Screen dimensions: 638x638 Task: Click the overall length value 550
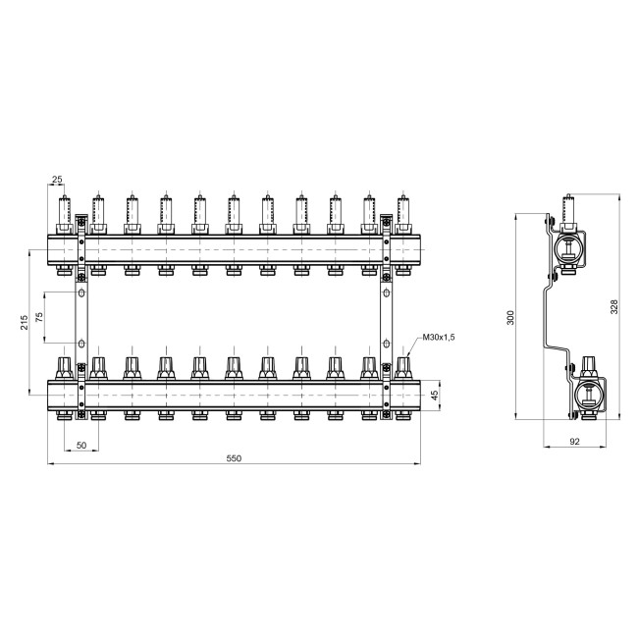click(233, 458)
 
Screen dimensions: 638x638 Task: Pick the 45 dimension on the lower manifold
click(435, 395)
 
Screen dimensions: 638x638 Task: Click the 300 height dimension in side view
click(508, 319)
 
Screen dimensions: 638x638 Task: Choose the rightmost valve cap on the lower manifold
click(402, 367)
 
